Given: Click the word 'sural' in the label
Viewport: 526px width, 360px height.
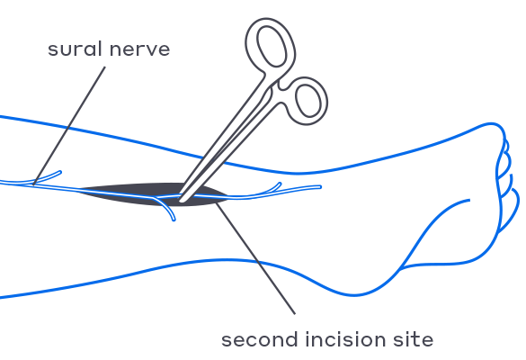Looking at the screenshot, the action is (75, 49).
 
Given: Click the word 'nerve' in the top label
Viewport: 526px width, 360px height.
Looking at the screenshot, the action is (140, 49).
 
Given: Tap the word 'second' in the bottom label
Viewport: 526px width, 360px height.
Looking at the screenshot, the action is (259, 339).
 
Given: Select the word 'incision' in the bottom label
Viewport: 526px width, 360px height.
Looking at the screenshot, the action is (346, 339).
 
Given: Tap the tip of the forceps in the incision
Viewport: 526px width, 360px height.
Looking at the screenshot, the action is (182, 200).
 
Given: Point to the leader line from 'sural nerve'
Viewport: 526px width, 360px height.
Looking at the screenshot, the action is (69, 125).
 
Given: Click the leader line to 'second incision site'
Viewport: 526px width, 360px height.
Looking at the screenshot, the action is (255, 258).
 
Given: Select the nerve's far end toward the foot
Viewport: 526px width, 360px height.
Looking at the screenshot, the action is (320, 187).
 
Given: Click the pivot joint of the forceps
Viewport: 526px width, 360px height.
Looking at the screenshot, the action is (272, 88).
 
